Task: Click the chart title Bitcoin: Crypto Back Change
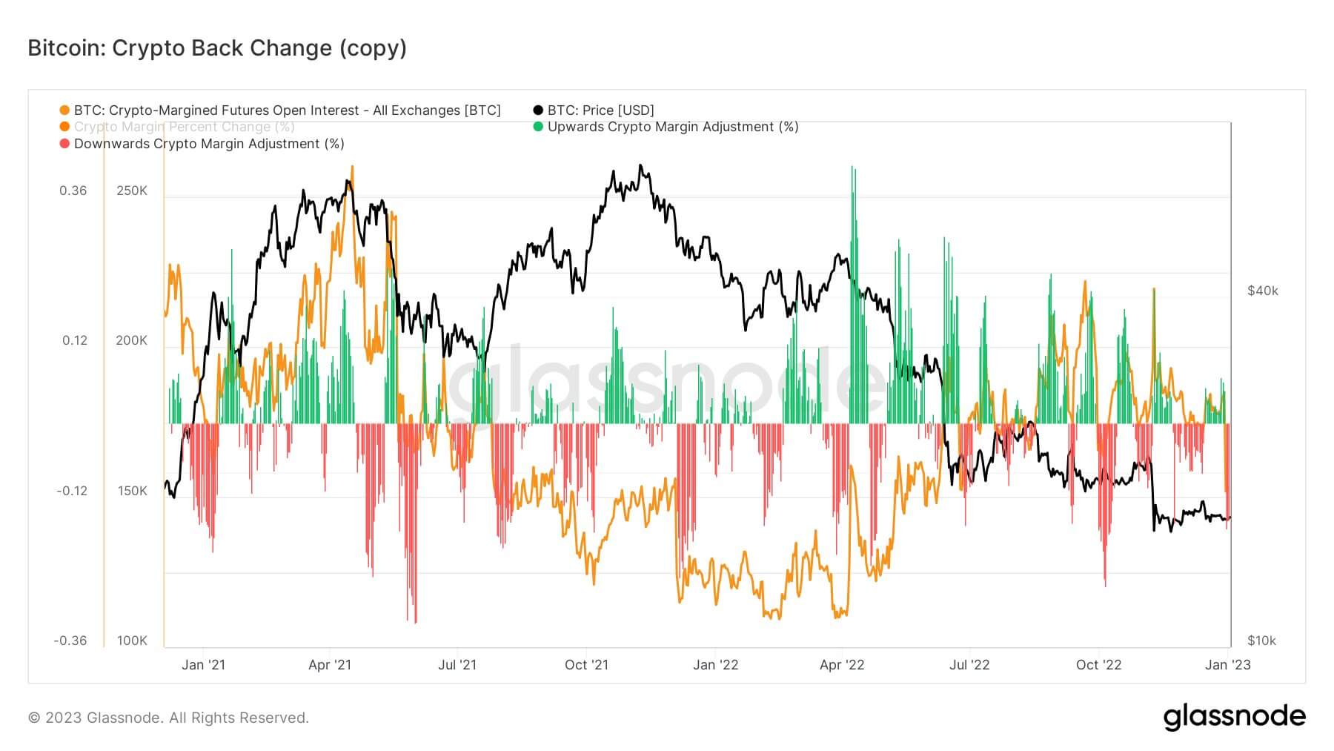click(x=217, y=48)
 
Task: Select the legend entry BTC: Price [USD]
click(x=600, y=110)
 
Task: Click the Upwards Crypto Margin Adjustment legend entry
click(x=672, y=127)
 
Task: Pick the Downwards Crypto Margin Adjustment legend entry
click(x=209, y=144)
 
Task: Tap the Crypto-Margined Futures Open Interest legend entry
click(x=287, y=110)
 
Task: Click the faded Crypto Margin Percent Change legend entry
click(x=184, y=127)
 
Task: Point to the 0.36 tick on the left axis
click(x=73, y=191)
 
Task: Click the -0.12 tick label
click(x=71, y=491)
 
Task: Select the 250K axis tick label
click(x=132, y=191)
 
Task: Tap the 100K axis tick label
click(x=132, y=641)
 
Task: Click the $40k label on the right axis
click(x=1263, y=291)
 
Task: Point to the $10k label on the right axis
click(x=1261, y=641)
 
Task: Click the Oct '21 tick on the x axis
click(x=586, y=665)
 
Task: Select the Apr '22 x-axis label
click(x=842, y=665)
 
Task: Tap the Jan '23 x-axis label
click(x=1227, y=665)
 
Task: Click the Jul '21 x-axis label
click(x=457, y=665)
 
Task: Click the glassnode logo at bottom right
click(x=1234, y=717)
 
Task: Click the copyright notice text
click(x=168, y=718)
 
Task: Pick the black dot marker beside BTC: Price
click(x=538, y=110)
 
